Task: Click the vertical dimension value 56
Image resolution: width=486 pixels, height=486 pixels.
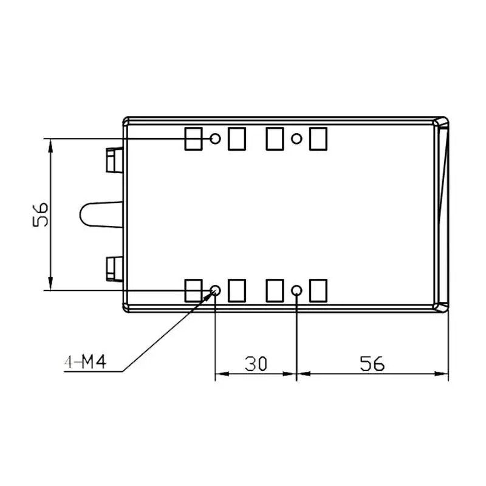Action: (x=41, y=215)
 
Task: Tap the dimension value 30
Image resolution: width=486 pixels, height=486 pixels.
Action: (x=256, y=363)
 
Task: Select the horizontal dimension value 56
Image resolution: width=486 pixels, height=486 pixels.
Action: (x=372, y=363)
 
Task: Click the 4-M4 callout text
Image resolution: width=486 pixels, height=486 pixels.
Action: (x=85, y=361)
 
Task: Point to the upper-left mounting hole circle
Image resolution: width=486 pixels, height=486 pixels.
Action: (x=215, y=139)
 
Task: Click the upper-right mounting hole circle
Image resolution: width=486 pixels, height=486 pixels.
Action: (x=296, y=139)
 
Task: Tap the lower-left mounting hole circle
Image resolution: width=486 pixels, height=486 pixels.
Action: (x=215, y=290)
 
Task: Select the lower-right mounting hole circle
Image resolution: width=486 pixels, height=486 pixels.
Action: (x=296, y=290)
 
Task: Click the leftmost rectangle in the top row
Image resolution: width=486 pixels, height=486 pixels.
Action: (x=193, y=139)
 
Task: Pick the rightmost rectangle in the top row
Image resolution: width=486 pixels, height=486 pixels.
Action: (x=318, y=139)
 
